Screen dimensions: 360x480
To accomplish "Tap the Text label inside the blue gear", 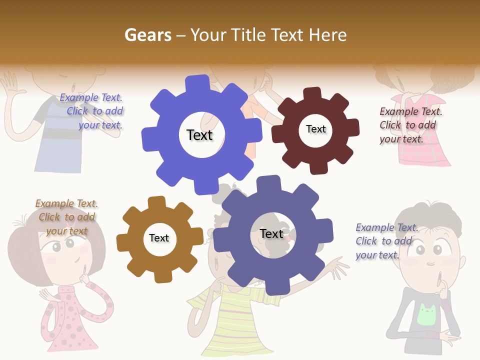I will tap(199, 135).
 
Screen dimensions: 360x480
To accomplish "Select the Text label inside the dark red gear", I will tap(315, 129).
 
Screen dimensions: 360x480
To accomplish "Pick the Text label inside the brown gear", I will tap(159, 238).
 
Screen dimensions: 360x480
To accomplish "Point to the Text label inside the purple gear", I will tap(271, 234).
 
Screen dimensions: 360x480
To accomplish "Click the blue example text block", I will tap(92, 111).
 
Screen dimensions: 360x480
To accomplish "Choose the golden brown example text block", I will tap(66, 217).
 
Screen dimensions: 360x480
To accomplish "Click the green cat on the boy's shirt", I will tap(426, 314).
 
